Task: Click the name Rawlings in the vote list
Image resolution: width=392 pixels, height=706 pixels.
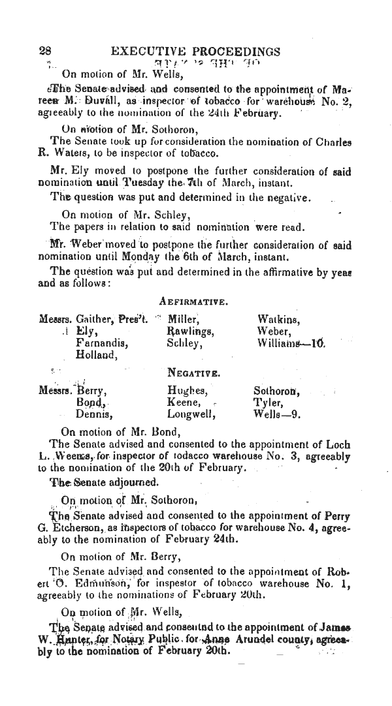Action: click(x=190, y=331)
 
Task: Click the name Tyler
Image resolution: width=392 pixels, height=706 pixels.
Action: click(x=267, y=403)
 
